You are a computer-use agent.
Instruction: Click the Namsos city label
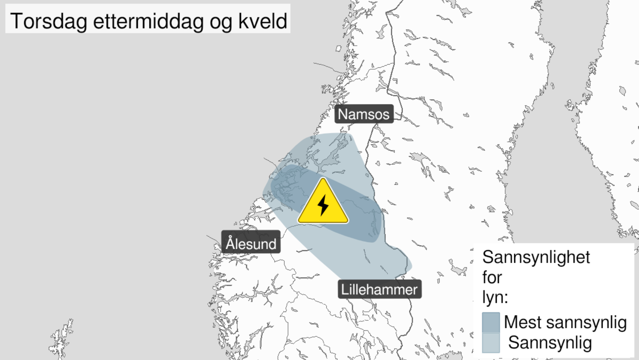[364, 114]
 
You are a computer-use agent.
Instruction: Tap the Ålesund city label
[251, 243]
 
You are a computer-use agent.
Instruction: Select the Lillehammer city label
[379, 289]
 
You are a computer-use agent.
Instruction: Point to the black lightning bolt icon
[323, 205]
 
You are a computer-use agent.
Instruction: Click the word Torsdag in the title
[48, 21]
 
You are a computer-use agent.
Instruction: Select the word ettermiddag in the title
[148, 21]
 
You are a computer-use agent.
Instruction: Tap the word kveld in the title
[263, 21]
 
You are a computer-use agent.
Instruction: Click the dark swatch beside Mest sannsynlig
[491, 322]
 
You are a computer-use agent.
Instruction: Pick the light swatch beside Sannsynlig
[491, 343]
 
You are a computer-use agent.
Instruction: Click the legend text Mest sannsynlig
[565, 322]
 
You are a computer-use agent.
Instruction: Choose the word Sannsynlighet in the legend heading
[536, 257]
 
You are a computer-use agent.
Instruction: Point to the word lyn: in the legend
[495, 297]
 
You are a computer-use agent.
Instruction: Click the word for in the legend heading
[492, 277]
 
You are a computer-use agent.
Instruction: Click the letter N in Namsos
[342, 114]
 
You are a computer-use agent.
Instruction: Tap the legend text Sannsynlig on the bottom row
[549, 343]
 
